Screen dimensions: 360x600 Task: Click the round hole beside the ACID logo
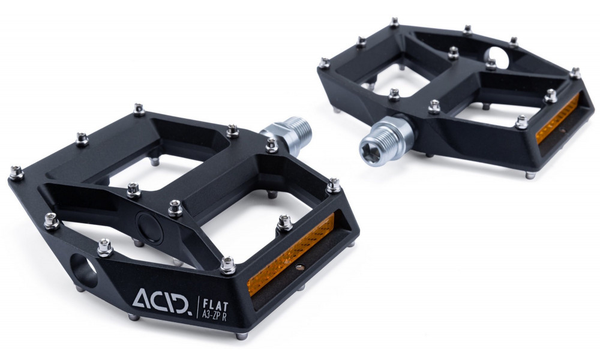(86, 270)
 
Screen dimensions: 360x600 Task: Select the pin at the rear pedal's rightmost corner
(575, 73)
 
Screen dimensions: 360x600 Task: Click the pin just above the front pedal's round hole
(104, 245)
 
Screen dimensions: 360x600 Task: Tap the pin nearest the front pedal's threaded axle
(271, 144)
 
